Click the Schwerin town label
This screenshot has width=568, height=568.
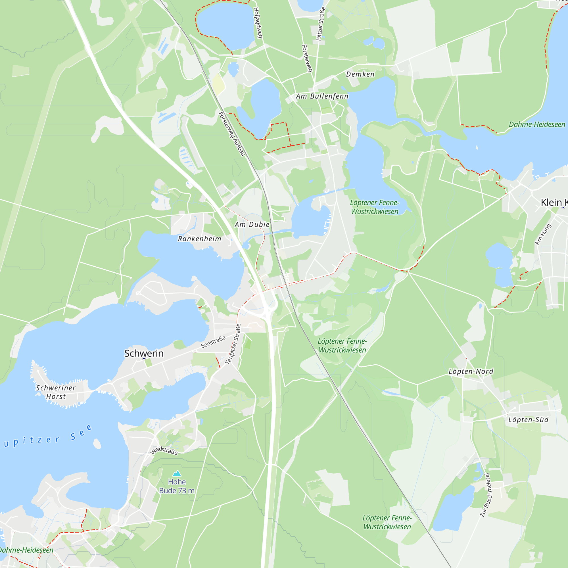click(x=144, y=353)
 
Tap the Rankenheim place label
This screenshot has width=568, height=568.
click(x=199, y=239)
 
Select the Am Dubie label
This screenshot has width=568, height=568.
click(x=252, y=225)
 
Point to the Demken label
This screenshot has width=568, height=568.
click(x=360, y=74)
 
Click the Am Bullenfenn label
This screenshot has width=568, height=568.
click(x=322, y=96)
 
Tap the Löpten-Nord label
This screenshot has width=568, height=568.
click(x=471, y=371)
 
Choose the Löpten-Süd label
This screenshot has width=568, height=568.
click(x=528, y=419)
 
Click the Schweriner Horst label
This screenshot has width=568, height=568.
click(x=56, y=392)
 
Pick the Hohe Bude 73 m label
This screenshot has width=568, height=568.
click(x=177, y=486)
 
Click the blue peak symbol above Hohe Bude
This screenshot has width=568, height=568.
click(x=177, y=473)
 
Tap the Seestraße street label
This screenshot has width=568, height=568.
click(x=213, y=342)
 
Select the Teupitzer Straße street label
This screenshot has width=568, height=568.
click(x=233, y=344)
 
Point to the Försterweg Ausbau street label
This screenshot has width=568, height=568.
click(x=231, y=134)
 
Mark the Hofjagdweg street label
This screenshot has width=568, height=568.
click(x=258, y=23)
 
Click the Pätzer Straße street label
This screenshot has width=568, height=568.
click(x=321, y=24)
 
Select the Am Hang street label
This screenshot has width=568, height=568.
click(x=543, y=234)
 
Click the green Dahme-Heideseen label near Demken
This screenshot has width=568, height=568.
click(x=537, y=124)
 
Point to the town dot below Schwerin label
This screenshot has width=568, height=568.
click(x=144, y=359)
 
